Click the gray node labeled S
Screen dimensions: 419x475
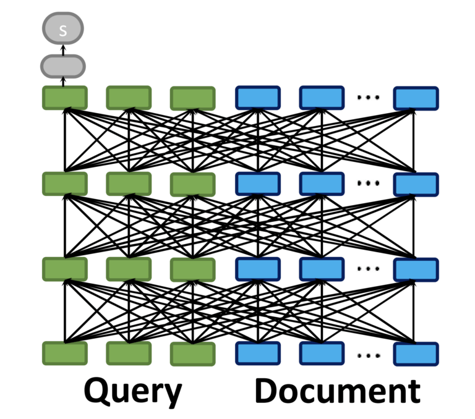click(x=62, y=30)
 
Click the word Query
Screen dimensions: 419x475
click(x=133, y=391)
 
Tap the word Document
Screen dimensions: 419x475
click(x=337, y=391)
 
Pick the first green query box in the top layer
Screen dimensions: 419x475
click(x=65, y=98)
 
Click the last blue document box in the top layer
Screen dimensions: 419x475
click(x=416, y=98)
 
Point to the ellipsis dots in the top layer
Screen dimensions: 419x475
click(x=369, y=97)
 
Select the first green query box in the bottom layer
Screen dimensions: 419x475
click(x=65, y=353)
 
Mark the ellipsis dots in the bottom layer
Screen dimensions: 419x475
click(x=369, y=355)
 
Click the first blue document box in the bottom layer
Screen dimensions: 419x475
click(x=257, y=353)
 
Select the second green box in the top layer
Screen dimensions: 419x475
click(x=129, y=98)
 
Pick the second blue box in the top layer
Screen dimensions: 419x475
click(x=321, y=98)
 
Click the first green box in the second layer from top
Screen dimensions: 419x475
click(x=65, y=184)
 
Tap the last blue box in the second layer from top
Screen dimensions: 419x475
click(x=416, y=184)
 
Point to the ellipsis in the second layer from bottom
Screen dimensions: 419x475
click(x=369, y=269)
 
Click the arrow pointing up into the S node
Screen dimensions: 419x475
click(x=62, y=49)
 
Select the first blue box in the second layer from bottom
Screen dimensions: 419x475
click(x=257, y=269)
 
